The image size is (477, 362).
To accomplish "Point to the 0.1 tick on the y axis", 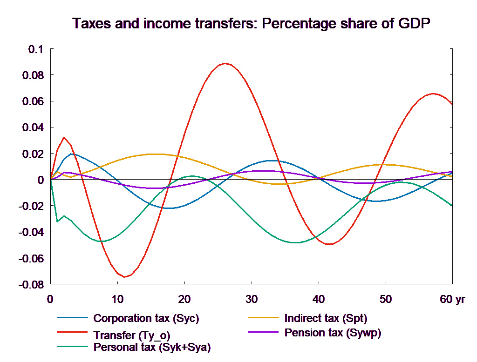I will pos(34,49).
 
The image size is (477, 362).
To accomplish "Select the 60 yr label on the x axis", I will pos(452,299).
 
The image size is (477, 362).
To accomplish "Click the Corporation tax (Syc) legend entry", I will pos(146,318).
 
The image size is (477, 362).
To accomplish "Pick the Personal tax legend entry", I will pos(152,347).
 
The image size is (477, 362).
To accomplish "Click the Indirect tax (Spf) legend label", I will pos(326,318).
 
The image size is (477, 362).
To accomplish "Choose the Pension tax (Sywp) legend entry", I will pos(333,333).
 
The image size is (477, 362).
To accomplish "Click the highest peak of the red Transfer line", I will pos(225,63).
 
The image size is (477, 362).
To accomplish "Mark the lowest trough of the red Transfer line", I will pos(124,277).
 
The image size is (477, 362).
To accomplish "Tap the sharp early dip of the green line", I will pos(57,221).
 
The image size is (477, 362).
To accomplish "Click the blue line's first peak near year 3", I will pos(71,154).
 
